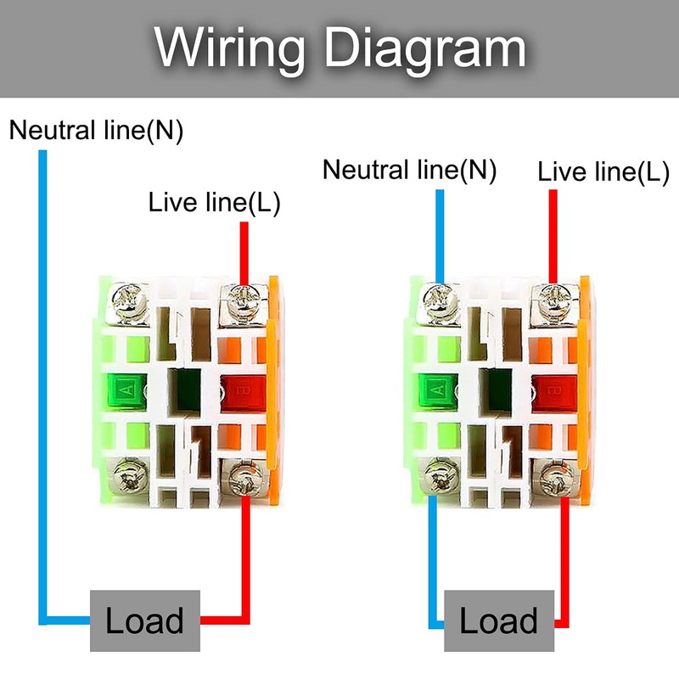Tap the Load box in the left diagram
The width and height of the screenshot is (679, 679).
(x=145, y=620)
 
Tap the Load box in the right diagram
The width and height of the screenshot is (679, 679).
(x=499, y=620)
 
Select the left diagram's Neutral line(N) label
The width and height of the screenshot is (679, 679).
(x=96, y=131)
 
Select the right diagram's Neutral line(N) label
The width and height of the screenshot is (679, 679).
(x=409, y=170)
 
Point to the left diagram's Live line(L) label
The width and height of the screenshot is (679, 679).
(x=214, y=203)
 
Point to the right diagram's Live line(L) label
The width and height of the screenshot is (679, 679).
(x=603, y=172)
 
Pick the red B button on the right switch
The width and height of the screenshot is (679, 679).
(x=553, y=391)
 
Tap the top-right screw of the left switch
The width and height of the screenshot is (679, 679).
(x=243, y=298)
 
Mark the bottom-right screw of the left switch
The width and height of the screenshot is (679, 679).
(x=243, y=479)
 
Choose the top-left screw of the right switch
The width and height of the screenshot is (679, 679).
(x=440, y=298)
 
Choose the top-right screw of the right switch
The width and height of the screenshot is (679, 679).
(x=554, y=298)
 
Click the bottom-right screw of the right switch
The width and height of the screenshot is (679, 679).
(x=554, y=479)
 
